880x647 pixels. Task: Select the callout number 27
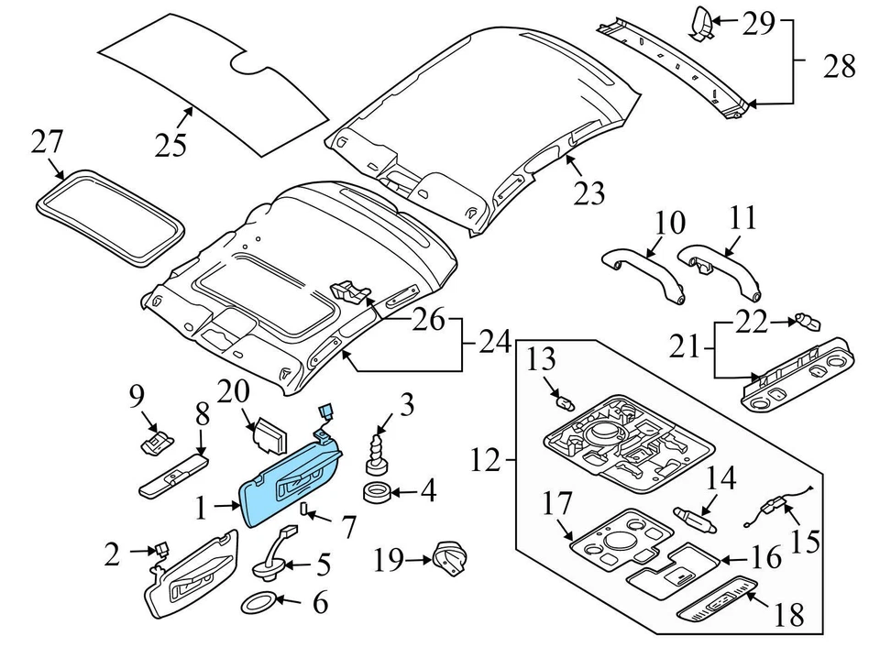point(48,142)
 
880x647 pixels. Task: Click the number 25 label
point(170,145)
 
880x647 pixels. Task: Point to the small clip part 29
point(701,22)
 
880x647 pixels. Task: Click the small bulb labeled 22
point(807,322)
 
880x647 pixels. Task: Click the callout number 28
point(840,66)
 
